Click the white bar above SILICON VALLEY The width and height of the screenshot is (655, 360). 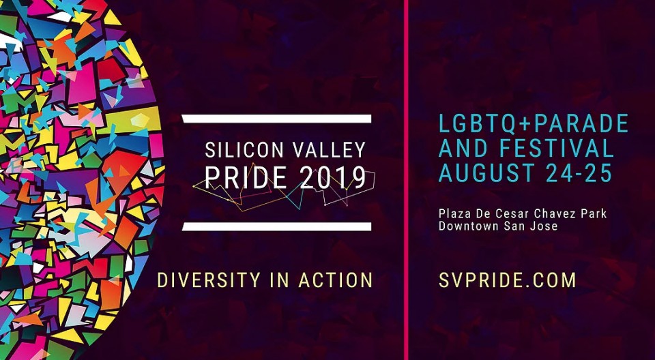tap(276, 119)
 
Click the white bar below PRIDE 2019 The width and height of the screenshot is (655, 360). tap(276, 226)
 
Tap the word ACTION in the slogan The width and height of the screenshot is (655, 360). tap(335, 280)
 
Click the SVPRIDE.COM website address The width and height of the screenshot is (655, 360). tap(507, 280)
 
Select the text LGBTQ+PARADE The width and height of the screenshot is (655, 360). tap(534, 123)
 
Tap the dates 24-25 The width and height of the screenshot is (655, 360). tap(580, 173)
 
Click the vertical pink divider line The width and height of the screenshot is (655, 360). tap(406, 180)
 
